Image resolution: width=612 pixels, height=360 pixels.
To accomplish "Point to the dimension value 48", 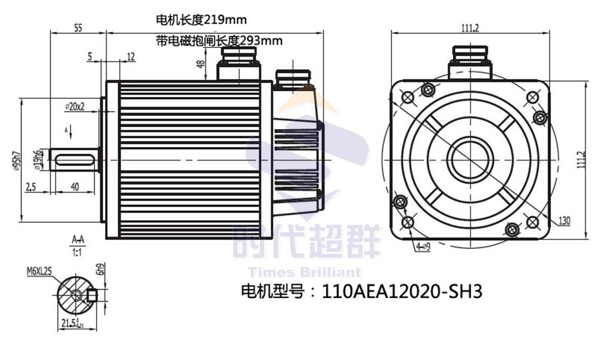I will click(x=200, y=64).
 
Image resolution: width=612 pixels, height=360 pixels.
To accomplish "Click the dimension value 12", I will click(x=130, y=57).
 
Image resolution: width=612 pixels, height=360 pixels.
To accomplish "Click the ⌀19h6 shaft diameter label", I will click(x=40, y=160).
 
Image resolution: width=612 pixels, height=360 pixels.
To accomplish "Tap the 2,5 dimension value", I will click(x=31, y=188).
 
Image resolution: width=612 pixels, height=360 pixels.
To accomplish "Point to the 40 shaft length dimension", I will click(x=75, y=188).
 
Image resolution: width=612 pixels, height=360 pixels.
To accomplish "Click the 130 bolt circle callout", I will click(x=564, y=221).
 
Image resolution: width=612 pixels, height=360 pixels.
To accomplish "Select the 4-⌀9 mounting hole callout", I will click(x=423, y=247).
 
